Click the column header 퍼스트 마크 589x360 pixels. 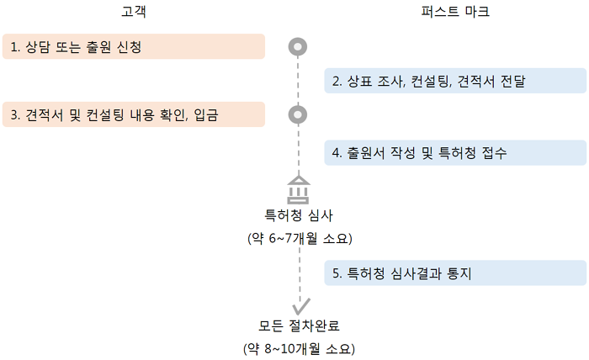[455, 13]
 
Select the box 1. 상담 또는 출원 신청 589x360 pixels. [133, 46]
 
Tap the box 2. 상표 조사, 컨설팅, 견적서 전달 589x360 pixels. [455, 81]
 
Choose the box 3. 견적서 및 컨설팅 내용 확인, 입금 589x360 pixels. [133, 114]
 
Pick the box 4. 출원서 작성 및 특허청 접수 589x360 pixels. [455, 153]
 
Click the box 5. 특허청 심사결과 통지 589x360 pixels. [455, 273]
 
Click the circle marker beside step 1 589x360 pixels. [298, 46]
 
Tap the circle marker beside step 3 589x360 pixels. [298, 114]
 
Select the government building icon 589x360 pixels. [299, 190]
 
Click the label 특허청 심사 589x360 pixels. [299, 216]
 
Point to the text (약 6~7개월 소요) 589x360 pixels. [299, 239]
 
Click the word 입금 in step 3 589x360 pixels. [206, 115]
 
